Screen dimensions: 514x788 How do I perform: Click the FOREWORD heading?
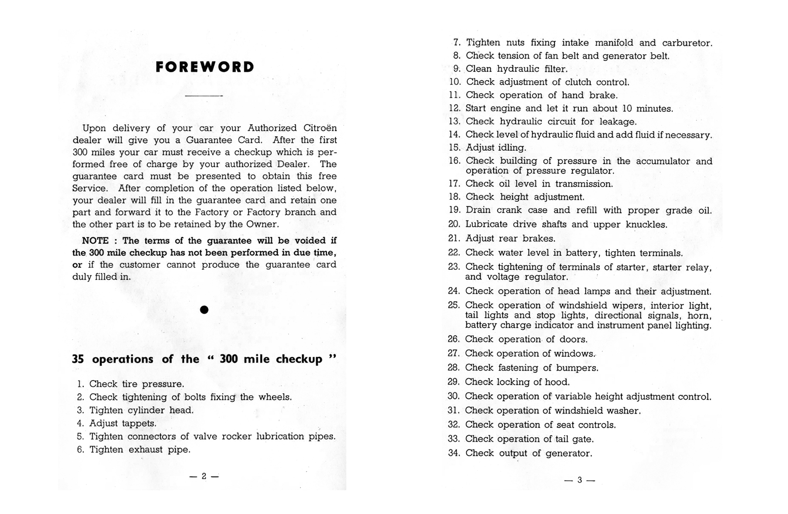click(205, 67)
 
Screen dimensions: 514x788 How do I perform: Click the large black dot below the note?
click(204, 310)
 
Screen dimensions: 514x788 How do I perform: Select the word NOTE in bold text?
click(96, 241)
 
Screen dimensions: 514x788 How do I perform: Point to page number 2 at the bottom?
click(204, 476)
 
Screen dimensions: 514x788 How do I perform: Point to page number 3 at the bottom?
click(580, 480)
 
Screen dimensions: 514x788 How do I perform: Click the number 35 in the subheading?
click(78, 359)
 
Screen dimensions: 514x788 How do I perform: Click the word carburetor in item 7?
click(687, 43)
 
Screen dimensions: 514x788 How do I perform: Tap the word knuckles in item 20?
click(646, 225)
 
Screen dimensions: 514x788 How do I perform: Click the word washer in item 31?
click(624, 411)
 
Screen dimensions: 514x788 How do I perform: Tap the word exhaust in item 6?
click(146, 450)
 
